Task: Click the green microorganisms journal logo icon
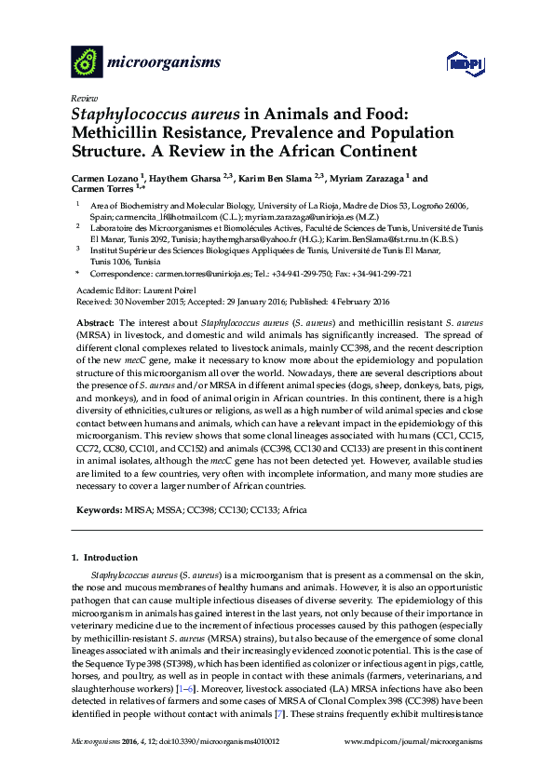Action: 87,62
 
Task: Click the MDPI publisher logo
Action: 463,63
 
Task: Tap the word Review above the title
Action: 84,97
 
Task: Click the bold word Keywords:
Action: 98,510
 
